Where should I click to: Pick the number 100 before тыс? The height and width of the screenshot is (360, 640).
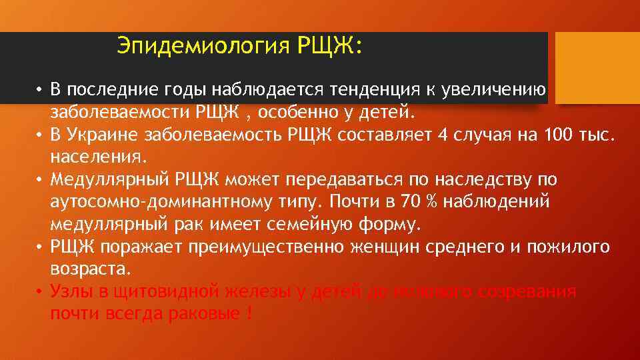(x=559, y=135)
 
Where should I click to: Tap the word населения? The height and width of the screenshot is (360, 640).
(x=96, y=157)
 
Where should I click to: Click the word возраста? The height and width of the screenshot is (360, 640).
(x=91, y=269)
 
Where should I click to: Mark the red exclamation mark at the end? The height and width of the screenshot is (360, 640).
(x=249, y=314)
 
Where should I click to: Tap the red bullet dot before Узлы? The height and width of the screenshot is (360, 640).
(x=40, y=292)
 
